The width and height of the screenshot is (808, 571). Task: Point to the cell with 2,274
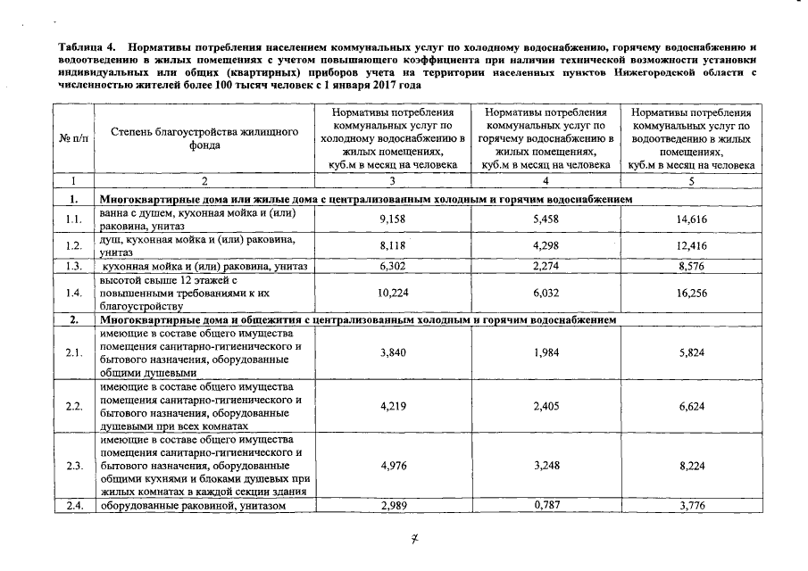(x=545, y=265)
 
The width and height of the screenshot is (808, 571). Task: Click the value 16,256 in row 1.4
(x=691, y=291)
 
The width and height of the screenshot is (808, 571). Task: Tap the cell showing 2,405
(x=545, y=406)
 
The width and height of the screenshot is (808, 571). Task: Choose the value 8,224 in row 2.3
(x=691, y=465)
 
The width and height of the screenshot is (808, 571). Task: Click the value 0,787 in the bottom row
(x=545, y=506)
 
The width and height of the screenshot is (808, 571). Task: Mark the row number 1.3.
(x=74, y=265)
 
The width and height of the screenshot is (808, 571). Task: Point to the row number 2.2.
(x=74, y=406)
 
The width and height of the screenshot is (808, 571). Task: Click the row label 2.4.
(x=74, y=506)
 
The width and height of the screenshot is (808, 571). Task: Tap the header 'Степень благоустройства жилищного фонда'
(x=204, y=139)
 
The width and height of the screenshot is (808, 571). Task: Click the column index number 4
(x=545, y=180)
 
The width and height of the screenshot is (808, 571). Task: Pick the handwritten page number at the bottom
(x=414, y=539)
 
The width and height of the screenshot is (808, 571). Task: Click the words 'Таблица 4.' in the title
(x=87, y=46)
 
